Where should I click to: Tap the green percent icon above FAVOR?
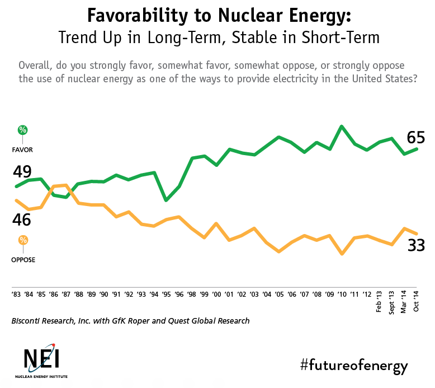point(22,130)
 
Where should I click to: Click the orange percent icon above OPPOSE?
point(23,240)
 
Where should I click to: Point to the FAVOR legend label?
point(23,150)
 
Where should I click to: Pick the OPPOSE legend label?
point(23,259)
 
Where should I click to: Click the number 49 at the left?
point(22,172)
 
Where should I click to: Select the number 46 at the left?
point(22,219)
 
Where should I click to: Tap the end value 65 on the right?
point(416,138)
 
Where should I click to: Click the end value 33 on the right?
point(416,245)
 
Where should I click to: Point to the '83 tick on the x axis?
point(17,293)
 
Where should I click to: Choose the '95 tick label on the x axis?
point(166,293)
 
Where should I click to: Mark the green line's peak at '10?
point(342,127)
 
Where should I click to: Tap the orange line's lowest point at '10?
point(342,254)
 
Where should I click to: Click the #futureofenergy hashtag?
point(354,366)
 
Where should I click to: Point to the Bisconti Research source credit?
point(130,321)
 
